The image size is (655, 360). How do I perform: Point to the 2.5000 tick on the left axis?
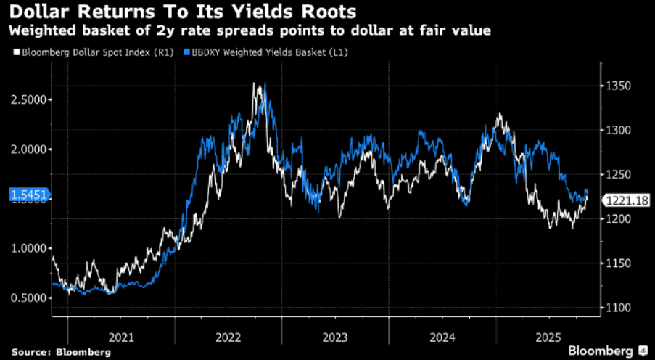pos(30,99)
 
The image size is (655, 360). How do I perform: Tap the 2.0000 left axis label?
pos(30,149)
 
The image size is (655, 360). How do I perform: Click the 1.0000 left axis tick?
pos(30,248)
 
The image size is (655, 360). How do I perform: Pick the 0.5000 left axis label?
pos(30,298)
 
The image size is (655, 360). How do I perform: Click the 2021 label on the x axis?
pos(121,337)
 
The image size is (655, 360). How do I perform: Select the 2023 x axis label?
pos(336,337)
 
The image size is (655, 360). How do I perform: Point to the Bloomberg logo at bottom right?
pos(608,351)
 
